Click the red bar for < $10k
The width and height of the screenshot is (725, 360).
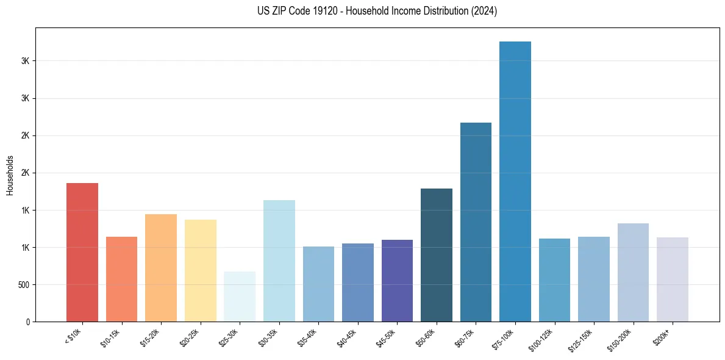(x=82, y=252)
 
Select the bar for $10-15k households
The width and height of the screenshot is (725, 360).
(x=121, y=279)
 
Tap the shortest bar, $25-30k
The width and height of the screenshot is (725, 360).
(x=240, y=297)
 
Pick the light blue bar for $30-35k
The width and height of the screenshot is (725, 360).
(x=279, y=261)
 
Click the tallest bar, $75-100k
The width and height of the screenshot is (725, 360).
(x=515, y=181)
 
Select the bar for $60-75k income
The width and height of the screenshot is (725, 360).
(x=476, y=222)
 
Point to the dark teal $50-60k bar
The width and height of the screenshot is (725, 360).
(x=437, y=255)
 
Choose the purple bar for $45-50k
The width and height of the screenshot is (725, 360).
(x=397, y=281)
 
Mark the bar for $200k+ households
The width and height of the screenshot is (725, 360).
(x=673, y=279)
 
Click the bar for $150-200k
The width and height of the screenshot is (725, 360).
(x=633, y=272)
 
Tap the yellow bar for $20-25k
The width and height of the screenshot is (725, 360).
(x=201, y=270)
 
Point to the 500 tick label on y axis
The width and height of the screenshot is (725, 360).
(x=23, y=285)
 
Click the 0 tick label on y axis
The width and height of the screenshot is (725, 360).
(x=28, y=322)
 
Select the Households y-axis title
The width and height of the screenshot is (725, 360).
(x=10, y=176)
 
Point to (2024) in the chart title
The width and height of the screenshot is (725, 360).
(x=484, y=11)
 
